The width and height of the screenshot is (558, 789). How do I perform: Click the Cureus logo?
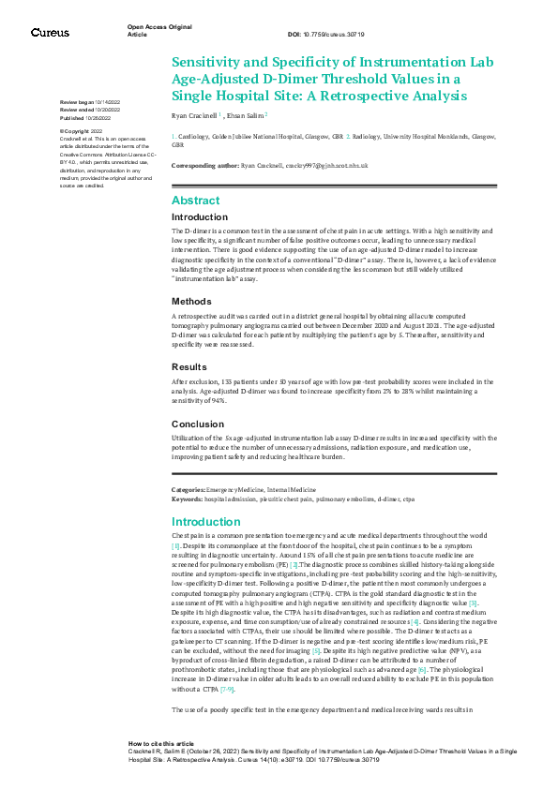[50, 32]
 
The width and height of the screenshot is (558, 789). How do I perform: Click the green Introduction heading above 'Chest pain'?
[206, 521]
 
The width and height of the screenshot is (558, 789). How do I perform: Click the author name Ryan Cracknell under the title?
[195, 115]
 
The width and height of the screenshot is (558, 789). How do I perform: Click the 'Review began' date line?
[89, 101]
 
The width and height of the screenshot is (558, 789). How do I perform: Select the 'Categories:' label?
[188, 490]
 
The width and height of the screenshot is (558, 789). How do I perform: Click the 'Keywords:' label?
[187, 499]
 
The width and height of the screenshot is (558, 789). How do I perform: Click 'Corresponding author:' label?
[204, 165]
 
